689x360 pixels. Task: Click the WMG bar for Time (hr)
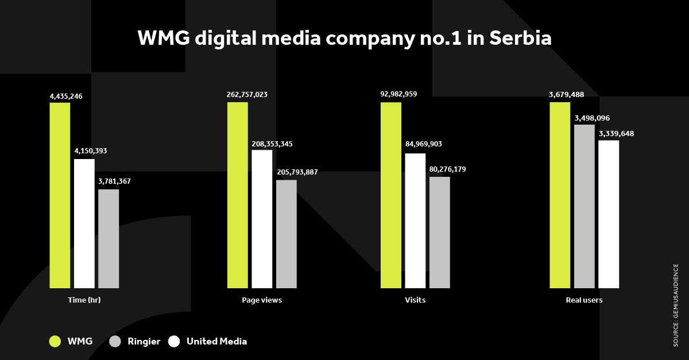(x=60, y=195)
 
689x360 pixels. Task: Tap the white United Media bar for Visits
(x=415, y=220)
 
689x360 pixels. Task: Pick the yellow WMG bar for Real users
(x=560, y=195)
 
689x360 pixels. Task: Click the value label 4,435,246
(x=66, y=96)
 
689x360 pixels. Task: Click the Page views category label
(x=262, y=300)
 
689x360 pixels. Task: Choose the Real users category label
(x=585, y=300)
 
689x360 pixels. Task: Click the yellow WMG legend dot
(x=55, y=342)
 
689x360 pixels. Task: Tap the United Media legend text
(x=216, y=342)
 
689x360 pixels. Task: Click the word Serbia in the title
(x=520, y=38)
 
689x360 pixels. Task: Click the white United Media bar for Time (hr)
(x=84, y=223)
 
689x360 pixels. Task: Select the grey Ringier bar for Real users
(x=585, y=206)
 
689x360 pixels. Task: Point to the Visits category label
(x=415, y=300)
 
